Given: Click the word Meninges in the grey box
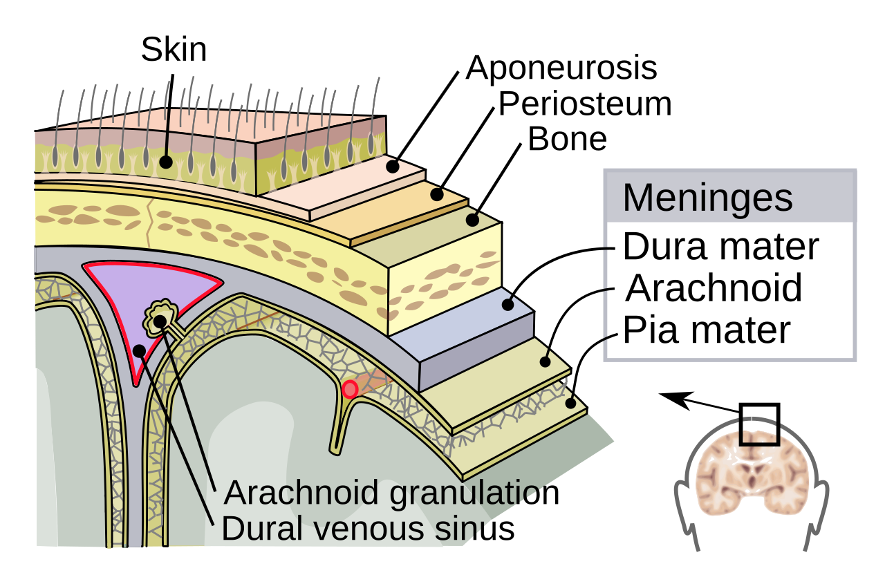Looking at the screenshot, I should pyautogui.click(x=707, y=198).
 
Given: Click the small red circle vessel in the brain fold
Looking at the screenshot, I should pyautogui.click(x=350, y=390).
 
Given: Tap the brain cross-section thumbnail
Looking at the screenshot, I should pyautogui.click(x=752, y=474).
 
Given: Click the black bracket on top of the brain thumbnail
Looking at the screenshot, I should pyautogui.click(x=759, y=440).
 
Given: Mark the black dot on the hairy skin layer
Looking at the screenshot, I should pyautogui.click(x=166, y=162).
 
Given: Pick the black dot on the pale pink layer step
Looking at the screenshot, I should pyautogui.click(x=392, y=167).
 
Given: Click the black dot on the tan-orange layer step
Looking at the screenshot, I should pyautogui.click(x=436, y=195).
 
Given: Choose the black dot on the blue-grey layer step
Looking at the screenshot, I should pyautogui.click(x=507, y=304).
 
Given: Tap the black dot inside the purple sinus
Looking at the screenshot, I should pyautogui.click(x=138, y=350).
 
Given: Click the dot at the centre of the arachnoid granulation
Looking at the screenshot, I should pyautogui.click(x=160, y=321).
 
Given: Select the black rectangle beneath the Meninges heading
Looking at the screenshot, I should pyautogui.click(x=729, y=290).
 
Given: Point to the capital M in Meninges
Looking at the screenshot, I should pyautogui.click(x=637, y=198).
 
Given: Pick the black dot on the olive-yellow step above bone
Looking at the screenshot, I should pyautogui.click(x=472, y=220).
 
